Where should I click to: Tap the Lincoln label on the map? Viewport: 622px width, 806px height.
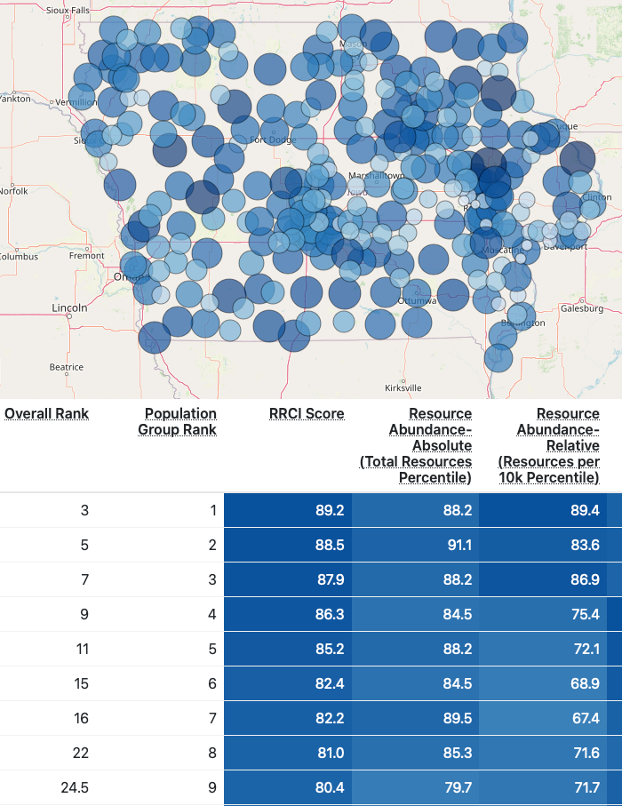69,307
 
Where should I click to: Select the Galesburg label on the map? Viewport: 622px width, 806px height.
582,308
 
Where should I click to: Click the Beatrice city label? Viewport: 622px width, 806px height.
66,367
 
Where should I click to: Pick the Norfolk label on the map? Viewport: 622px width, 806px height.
13,191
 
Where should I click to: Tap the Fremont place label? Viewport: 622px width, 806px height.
87,256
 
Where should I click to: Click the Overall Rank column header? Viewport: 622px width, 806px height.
46,413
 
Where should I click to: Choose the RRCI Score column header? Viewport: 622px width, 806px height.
307,413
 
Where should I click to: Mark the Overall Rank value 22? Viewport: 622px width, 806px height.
81,753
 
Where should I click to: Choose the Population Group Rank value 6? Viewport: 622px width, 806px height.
211,683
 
